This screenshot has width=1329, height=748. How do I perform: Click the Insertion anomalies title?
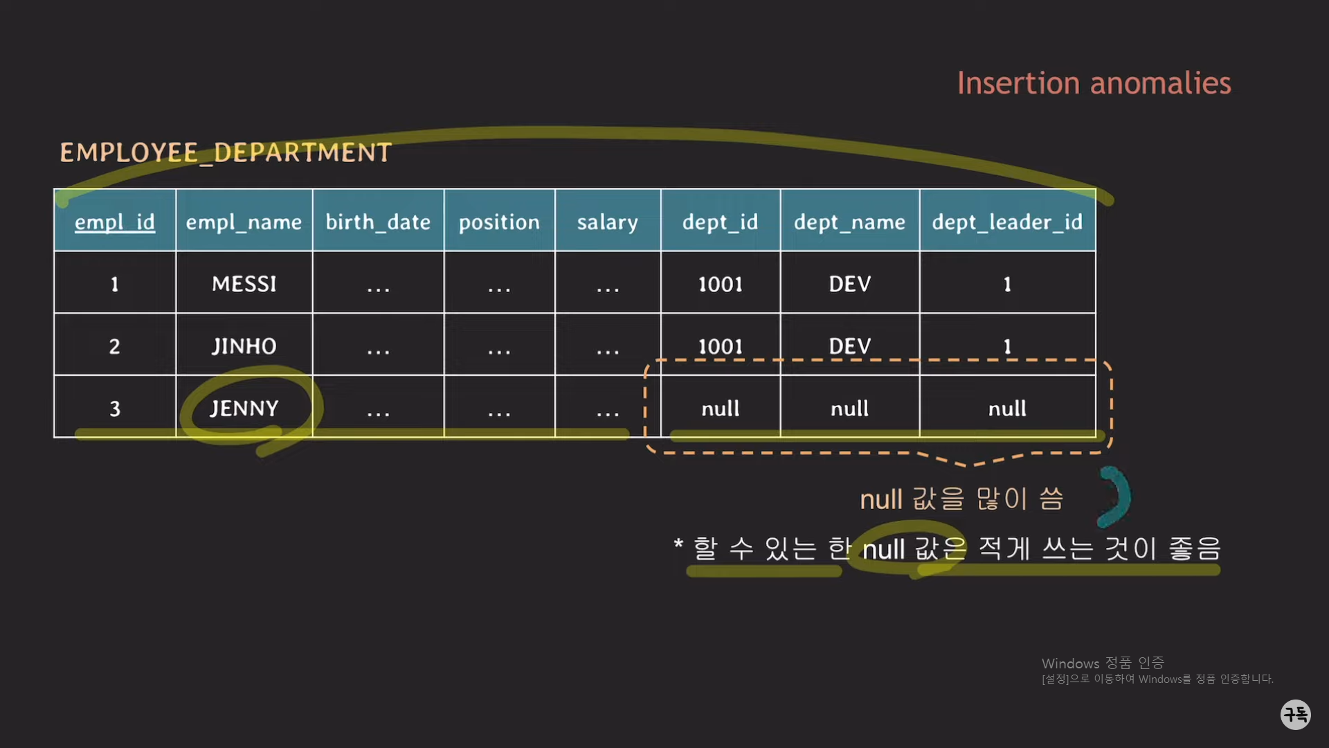point(1094,83)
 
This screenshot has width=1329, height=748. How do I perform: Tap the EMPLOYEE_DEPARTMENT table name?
point(226,152)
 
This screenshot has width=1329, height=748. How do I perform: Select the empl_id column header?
point(115,222)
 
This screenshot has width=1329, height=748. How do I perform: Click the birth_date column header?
point(378,222)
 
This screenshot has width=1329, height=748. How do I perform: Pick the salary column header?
point(607,222)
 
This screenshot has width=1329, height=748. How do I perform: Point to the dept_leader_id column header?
point(1007,222)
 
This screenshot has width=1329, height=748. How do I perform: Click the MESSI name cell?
point(244,284)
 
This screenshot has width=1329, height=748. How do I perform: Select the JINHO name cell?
point(244,346)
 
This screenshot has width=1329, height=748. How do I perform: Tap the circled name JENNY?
point(244,408)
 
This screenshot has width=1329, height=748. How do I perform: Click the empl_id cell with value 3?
point(115,409)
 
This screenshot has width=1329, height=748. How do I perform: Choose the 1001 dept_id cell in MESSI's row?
point(720,284)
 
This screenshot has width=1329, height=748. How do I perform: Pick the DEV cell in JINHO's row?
point(849,346)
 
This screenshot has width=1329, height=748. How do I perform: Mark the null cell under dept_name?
point(849,409)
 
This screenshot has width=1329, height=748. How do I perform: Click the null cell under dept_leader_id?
point(1007,409)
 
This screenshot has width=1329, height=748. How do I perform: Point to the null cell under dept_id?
point(720,409)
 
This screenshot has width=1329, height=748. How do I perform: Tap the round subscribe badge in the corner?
point(1295,714)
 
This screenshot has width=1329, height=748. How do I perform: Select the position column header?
point(499,222)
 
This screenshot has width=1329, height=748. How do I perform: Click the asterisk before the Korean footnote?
point(678,544)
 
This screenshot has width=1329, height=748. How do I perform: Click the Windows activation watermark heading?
point(1103,664)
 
